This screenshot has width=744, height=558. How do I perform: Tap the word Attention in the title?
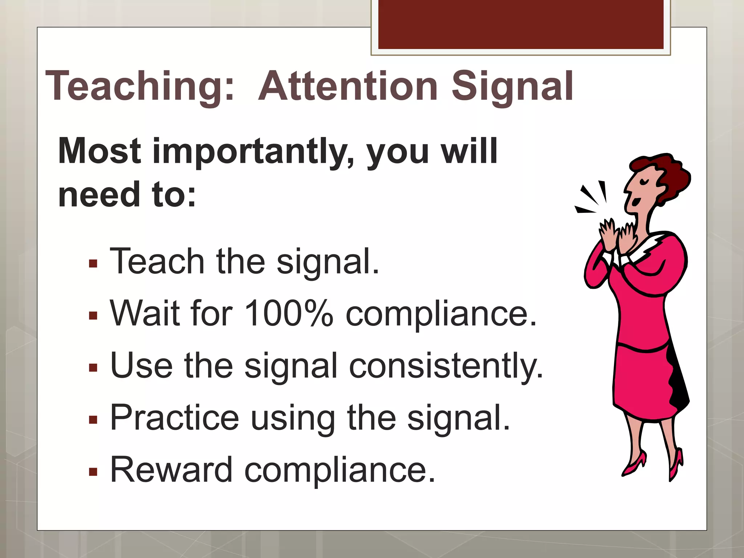point(348,86)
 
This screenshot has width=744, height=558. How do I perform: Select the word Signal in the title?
point(512,86)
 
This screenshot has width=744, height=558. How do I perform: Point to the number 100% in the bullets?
point(288,313)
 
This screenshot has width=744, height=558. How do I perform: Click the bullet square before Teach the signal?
point(93,263)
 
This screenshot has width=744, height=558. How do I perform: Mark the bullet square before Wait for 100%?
point(93,315)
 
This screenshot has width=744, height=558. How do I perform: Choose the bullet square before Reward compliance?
point(93,472)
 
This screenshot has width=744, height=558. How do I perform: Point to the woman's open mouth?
point(635,201)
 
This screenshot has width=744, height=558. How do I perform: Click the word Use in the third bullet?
point(141,365)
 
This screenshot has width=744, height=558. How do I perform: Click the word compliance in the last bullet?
point(340,470)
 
